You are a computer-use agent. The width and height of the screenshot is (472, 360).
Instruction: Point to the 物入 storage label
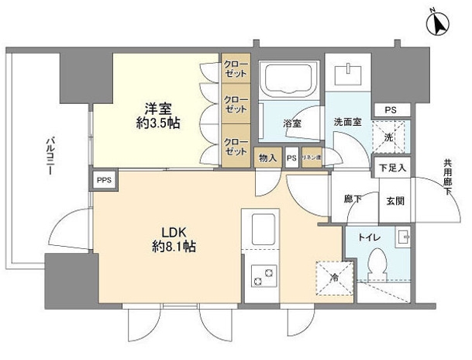coord(267,157)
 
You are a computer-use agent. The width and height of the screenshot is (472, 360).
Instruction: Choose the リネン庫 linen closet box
coord(312,157)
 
